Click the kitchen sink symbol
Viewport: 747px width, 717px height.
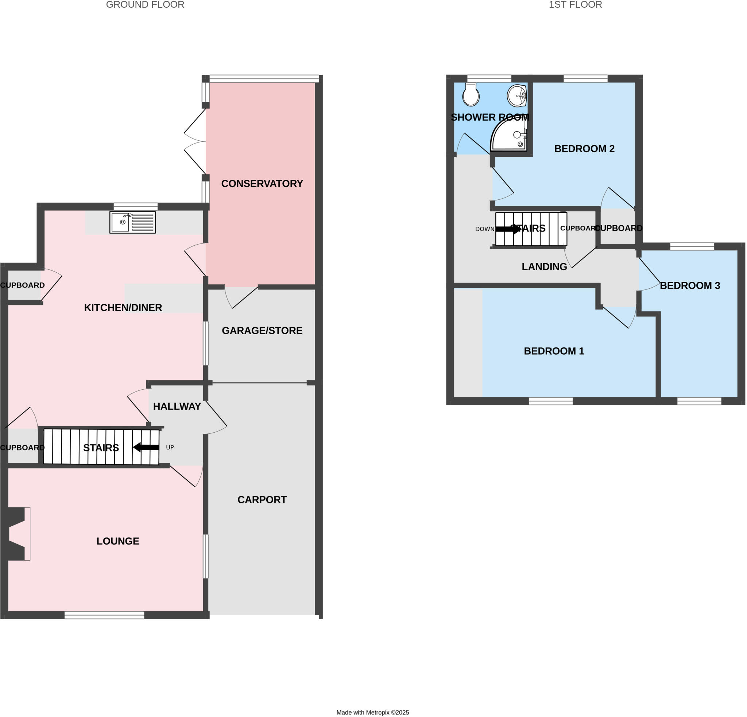[x=132, y=222]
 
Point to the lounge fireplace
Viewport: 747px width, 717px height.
[x=17, y=534]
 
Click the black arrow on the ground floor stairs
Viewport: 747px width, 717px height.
[x=146, y=447]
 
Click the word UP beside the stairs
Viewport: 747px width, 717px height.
[x=170, y=447]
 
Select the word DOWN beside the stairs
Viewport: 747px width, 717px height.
[x=484, y=229]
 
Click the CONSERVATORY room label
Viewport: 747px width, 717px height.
[x=262, y=184]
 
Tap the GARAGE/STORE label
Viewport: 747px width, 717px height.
[x=262, y=331]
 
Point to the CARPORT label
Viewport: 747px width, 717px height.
[x=262, y=499]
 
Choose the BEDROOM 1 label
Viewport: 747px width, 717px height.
[x=554, y=351]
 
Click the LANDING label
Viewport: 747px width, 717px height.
[x=544, y=267]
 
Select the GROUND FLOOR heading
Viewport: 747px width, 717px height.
[x=145, y=5]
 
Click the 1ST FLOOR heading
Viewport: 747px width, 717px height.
[x=575, y=5]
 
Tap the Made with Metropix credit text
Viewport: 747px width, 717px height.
[x=372, y=712]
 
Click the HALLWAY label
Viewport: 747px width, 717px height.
[x=177, y=406]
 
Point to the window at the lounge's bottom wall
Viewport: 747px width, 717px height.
[x=104, y=615]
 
